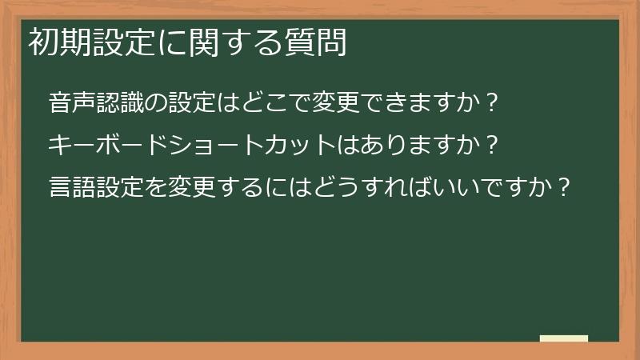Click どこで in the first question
coord(272,103)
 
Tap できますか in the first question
coord(416,103)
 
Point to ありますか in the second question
coord(416,146)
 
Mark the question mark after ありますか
coord(493,146)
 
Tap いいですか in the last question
coord(496,187)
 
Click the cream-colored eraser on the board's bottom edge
coord(564,338)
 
